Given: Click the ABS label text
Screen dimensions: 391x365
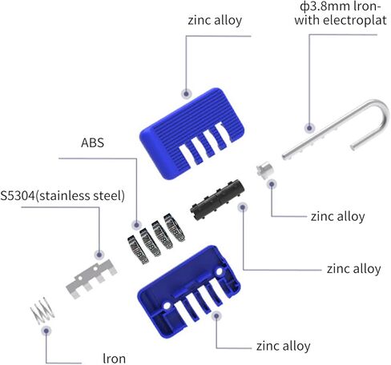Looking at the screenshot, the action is [92, 142].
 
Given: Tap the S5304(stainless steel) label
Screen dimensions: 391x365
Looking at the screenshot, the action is [62, 196].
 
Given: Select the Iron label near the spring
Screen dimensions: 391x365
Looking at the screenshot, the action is [114, 359].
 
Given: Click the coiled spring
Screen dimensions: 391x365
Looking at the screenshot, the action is [42, 310].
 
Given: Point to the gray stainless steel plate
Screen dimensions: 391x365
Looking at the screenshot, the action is [91, 279].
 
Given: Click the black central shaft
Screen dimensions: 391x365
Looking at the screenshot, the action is [217, 199].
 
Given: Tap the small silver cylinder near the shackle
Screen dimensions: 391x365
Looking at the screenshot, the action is [264, 170].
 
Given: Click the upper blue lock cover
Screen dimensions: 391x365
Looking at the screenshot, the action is [191, 134].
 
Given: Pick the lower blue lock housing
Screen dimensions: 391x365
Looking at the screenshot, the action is [188, 291].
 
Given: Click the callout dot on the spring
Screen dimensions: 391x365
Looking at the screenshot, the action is [46, 331].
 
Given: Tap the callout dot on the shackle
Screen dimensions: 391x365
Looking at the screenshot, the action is [309, 128].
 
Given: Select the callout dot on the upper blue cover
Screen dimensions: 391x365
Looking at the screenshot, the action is [187, 94].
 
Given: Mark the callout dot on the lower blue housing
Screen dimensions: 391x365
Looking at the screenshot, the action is [216, 316].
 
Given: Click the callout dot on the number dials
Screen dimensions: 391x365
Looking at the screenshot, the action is [136, 225].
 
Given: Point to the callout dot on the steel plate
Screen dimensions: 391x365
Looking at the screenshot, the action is [99, 255].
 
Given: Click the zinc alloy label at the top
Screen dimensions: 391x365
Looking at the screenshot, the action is [215, 20].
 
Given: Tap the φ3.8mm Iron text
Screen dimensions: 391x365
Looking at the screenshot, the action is [341, 6].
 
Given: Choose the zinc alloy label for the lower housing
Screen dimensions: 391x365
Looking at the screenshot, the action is [284, 346].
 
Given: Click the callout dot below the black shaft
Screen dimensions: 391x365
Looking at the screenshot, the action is [243, 207].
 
